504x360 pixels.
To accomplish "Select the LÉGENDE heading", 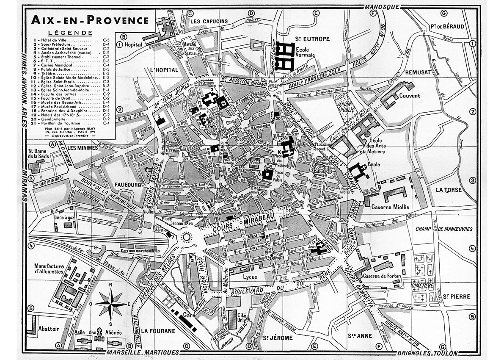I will [x=70, y=33].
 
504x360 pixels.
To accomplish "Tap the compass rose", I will [x=111, y=303].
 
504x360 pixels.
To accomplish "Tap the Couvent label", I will [x=409, y=96].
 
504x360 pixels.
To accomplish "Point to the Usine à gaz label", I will [x=52, y=217].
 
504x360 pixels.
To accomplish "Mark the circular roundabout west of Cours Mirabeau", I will [x=186, y=238].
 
